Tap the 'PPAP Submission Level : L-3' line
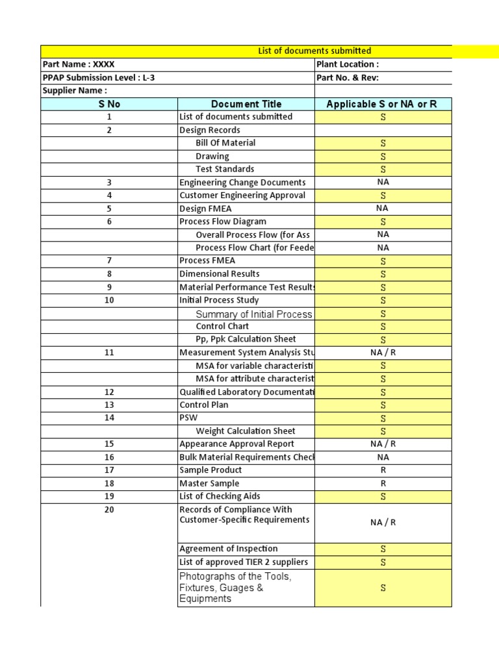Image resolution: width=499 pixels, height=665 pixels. coord(99,78)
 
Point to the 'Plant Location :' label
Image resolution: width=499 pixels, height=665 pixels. coord(348,64)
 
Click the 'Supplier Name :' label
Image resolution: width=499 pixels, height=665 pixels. coord(75,91)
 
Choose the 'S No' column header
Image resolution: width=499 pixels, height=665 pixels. coord(109,104)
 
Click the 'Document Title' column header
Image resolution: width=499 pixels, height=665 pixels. coord(246,104)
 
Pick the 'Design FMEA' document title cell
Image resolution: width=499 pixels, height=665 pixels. coord(205,208)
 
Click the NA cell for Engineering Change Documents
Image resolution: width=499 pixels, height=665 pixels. coord(383,182)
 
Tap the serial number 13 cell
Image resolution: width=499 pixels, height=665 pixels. coord(109,405)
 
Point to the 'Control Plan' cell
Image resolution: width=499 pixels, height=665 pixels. coord(204,405)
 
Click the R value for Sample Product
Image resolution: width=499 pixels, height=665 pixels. coord(383,470)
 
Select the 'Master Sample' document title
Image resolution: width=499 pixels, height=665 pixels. coord(209,483)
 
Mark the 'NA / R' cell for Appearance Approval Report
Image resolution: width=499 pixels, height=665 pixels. coord(383,444)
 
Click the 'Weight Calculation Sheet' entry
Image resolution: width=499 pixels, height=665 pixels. coord(246,431)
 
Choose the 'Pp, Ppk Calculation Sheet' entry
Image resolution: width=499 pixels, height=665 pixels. coord(246,339)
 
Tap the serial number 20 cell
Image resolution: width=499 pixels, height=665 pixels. coord(109,510)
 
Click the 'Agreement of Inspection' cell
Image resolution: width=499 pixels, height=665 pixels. coord(229,549)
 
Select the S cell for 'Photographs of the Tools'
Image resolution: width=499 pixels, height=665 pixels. coord(383,588)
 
